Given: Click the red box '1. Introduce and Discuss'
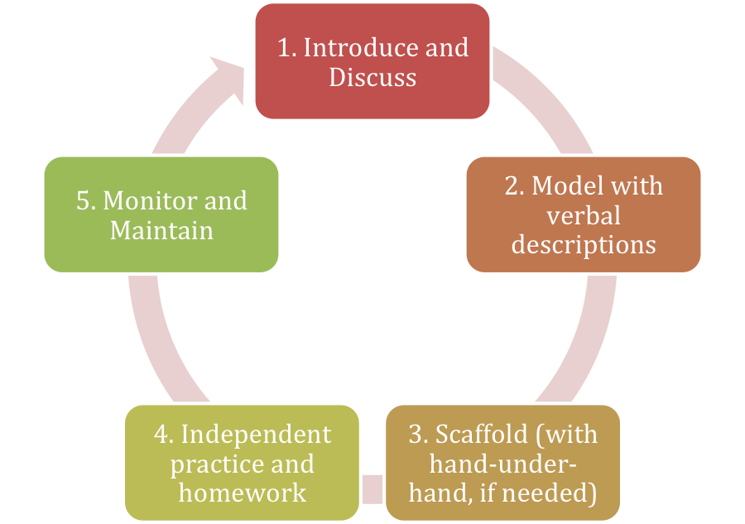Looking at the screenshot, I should click(x=372, y=62).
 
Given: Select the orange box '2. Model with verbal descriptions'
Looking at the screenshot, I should click(x=583, y=214).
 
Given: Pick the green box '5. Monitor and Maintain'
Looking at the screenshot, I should click(x=161, y=214).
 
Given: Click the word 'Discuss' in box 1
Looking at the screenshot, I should click(x=372, y=78).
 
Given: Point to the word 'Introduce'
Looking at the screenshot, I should click(x=353, y=48).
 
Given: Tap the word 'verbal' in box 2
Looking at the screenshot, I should click(x=583, y=215).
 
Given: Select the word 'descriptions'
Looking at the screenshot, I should click(x=583, y=245).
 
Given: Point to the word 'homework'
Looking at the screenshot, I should click(x=243, y=493).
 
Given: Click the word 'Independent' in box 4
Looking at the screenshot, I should click(x=256, y=434).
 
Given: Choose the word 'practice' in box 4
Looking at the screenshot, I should click(x=213, y=464).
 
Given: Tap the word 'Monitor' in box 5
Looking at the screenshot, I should click(x=150, y=200).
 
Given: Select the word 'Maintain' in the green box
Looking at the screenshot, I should click(x=161, y=230).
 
